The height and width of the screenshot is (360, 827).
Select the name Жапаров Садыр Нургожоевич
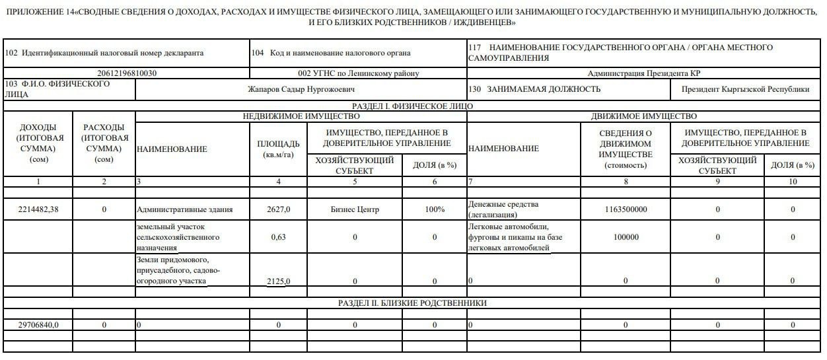(300, 89)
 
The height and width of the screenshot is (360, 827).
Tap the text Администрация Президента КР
(644, 73)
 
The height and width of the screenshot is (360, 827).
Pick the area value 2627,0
(278, 209)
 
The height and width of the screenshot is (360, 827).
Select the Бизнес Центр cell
(355, 209)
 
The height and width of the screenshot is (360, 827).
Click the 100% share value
(434, 209)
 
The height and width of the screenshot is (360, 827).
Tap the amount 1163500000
(626, 209)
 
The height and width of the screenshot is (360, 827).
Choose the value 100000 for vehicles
(626, 237)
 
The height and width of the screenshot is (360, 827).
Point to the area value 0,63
(278, 237)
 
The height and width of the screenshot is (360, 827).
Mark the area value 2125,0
(278, 281)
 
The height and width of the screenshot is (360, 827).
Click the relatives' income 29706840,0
(37, 325)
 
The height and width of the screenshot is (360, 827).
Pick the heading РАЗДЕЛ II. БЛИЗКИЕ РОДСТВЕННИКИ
(413, 303)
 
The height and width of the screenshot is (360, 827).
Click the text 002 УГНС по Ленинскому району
(358, 73)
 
